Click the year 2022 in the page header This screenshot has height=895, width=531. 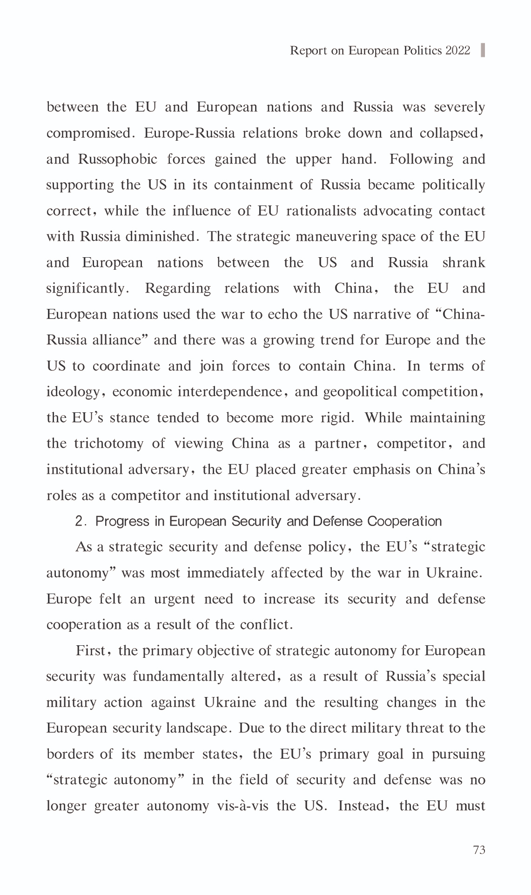[458, 50]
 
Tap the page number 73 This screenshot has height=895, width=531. [479, 850]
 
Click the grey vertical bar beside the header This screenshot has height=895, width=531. [483, 50]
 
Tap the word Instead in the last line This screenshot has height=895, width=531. [363, 806]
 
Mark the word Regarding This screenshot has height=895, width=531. [178, 288]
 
